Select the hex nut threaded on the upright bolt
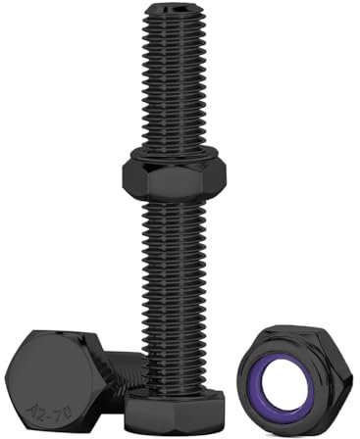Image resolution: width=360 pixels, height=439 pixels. (174, 175)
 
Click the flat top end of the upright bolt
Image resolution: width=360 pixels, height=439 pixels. (176, 11)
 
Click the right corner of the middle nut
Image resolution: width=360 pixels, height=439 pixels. (226, 176)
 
